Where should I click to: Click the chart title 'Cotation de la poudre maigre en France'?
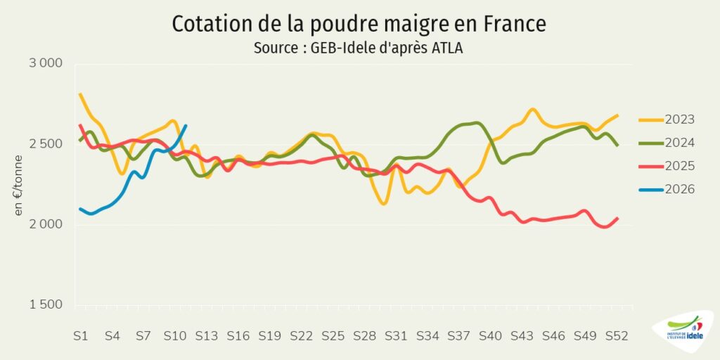359,25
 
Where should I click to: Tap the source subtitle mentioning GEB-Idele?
358,49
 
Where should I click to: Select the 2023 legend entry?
667,120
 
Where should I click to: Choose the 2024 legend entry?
667,143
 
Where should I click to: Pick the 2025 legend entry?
667,166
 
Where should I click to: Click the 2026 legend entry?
667,189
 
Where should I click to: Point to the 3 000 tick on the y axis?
46,63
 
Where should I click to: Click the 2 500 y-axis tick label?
46,144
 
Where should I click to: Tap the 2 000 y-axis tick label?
46,224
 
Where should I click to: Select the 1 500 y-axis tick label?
46,305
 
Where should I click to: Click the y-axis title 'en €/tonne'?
18,185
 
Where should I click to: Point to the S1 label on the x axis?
80,336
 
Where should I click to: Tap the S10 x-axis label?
175,336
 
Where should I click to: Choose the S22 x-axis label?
301,336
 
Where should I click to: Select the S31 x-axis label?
396,336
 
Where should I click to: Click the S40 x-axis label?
490,336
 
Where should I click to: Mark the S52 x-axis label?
617,336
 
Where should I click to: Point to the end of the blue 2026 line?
186,125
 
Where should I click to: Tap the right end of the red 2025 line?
617,218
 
